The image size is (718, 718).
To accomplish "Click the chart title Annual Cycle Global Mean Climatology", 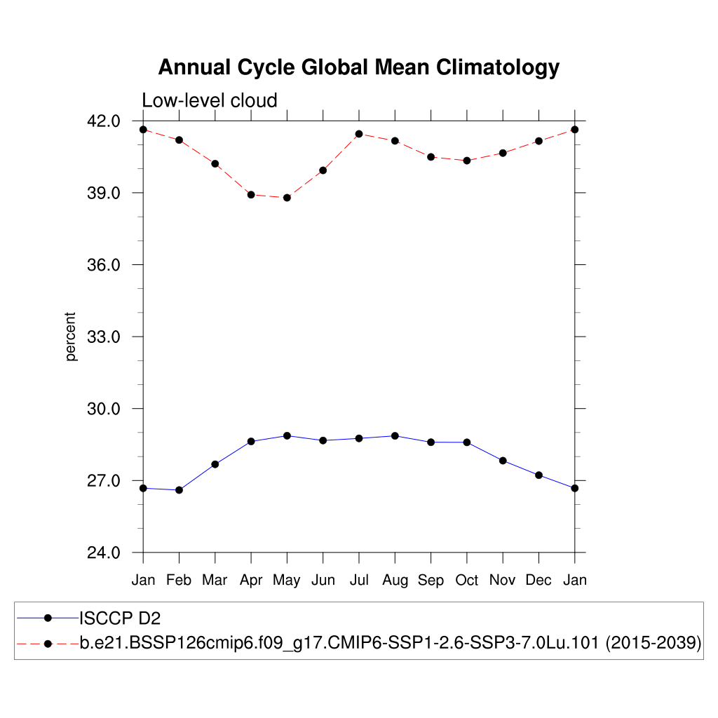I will [358, 67].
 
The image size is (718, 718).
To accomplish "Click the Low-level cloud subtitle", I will [210, 100].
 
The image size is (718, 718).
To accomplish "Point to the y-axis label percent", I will [70, 337].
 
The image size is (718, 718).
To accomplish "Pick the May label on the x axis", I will [286, 580].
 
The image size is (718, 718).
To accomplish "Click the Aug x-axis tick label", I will [395, 580].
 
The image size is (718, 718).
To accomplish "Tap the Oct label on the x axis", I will [466, 580].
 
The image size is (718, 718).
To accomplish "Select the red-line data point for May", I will [287, 198].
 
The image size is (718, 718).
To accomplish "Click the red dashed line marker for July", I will [359, 134].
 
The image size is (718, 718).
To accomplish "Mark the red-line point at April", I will [251, 195].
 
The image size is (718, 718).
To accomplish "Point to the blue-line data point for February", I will [179, 490].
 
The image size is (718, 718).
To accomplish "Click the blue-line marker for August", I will [395, 436].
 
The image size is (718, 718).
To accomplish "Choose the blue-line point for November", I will [503, 461].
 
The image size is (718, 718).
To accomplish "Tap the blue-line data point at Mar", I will [215, 464].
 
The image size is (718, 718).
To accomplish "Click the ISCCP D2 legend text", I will [115, 618].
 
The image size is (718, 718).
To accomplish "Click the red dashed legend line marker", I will [48, 643].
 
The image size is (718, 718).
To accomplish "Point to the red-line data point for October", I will [466, 161].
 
